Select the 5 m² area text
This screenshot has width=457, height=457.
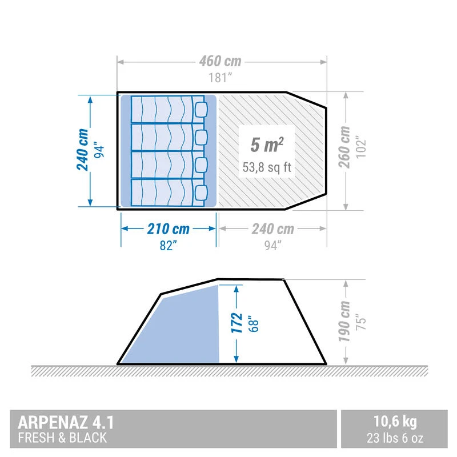(x=267, y=145)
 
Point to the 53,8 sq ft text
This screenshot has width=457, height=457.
(x=267, y=167)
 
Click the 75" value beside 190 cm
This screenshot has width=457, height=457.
(x=360, y=322)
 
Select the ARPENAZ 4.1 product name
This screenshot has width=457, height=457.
(x=66, y=423)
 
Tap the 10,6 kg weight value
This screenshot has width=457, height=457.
(x=395, y=423)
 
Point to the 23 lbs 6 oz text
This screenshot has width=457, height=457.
(x=395, y=439)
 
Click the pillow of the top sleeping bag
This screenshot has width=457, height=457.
(x=201, y=109)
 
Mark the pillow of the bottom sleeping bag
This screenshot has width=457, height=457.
(x=201, y=192)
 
